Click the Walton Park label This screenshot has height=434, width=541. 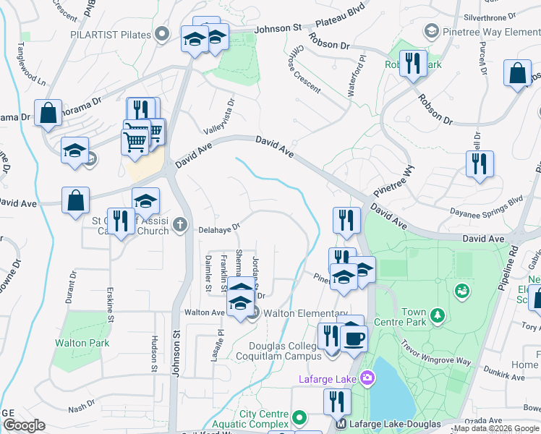point(82,343)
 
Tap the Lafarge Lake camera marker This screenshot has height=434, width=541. point(367,378)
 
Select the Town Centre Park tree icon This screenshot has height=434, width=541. point(437,315)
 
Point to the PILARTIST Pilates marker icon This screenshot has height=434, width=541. point(163,33)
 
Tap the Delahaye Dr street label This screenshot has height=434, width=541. point(219,229)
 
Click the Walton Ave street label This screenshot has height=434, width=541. point(205,312)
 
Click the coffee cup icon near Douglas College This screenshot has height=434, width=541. point(354,339)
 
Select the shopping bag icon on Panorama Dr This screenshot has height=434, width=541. point(48,112)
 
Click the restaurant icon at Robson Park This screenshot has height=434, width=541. point(413,63)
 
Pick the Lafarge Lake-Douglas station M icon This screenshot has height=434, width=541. point(341,424)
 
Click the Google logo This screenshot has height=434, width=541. point(24,425)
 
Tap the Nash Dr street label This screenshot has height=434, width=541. point(81,404)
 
